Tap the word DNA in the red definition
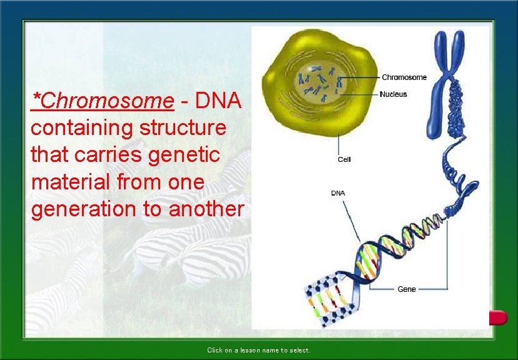click(x=218, y=100)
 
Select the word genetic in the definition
click(x=184, y=155)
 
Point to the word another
click(x=206, y=209)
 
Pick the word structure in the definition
click(x=183, y=127)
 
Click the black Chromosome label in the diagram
click(x=404, y=77)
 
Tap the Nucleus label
click(x=393, y=94)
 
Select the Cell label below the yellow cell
click(x=344, y=159)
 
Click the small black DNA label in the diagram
click(x=338, y=193)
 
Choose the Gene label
click(x=407, y=289)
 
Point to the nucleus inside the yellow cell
click(x=320, y=82)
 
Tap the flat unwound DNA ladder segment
click(x=329, y=299)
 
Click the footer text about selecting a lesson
click(x=258, y=350)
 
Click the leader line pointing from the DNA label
click(x=352, y=221)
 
